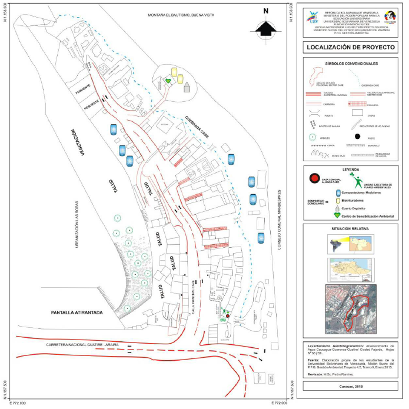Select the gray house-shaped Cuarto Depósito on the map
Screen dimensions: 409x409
click(x=187, y=87)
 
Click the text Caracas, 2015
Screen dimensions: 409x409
click(x=350, y=385)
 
